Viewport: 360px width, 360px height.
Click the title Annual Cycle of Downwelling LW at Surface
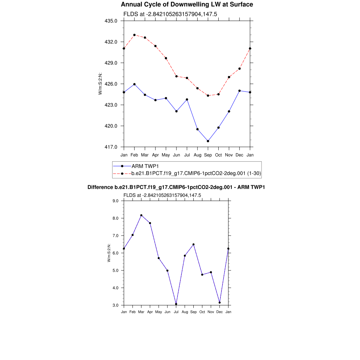(187, 5)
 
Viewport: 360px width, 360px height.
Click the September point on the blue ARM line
(208, 141)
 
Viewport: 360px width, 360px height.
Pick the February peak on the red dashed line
(134, 35)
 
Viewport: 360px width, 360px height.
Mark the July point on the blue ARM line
(187, 99)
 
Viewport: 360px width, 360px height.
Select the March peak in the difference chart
(141, 215)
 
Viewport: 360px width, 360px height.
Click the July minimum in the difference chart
(176, 304)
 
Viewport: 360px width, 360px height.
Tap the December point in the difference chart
(220, 303)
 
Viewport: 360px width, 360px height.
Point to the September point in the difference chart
(194, 244)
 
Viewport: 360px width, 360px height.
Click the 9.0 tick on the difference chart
(116, 201)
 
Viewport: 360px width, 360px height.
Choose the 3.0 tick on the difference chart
(116, 305)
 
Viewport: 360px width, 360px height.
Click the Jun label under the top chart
(176, 155)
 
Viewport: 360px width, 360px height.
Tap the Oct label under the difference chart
(202, 312)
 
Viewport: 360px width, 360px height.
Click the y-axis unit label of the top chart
(100, 84)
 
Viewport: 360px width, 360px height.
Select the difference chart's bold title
(176, 187)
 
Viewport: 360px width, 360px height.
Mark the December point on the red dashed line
(239, 69)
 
